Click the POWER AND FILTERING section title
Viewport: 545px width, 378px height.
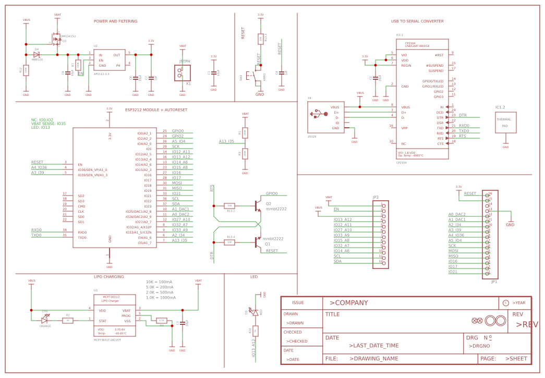click(115, 21)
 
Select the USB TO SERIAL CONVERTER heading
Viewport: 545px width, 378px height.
click(417, 21)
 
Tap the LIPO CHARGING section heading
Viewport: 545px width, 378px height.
click(108, 277)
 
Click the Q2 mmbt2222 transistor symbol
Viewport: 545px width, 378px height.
click(257, 205)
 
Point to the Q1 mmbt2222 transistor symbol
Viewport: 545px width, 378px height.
click(257, 242)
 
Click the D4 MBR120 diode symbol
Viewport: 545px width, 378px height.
click(37, 54)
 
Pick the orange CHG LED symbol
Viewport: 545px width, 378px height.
click(45, 320)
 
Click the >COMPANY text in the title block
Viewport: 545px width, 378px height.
click(348, 303)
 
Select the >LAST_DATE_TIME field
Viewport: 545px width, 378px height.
click(374, 346)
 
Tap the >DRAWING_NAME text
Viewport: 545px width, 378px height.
click(373, 359)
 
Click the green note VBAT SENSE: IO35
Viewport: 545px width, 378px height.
click(49, 124)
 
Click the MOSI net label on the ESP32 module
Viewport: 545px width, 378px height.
click(177, 183)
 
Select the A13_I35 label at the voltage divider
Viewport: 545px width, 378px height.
click(226, 141)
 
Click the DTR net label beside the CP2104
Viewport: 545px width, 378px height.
click(463, 115)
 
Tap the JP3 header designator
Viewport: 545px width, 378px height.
click(376, 198)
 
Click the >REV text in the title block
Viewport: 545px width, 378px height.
click(526, 324)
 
